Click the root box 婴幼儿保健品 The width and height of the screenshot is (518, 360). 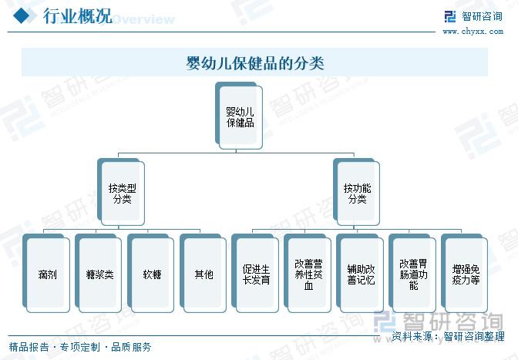tap(239, 116)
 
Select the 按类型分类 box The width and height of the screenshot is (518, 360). tap(121, 193)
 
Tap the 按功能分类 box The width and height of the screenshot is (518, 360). tap(356, 193)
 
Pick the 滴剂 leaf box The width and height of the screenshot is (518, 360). tap(46, 274)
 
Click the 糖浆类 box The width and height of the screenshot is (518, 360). tap(99, 274)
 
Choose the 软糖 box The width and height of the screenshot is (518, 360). tap(150, 274)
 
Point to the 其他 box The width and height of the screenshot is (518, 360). tap(203, 274)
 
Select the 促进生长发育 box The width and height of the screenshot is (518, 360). tap(255, 274)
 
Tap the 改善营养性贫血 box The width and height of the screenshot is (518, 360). tap(308, 274)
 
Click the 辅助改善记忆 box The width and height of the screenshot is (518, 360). tap(360, 274)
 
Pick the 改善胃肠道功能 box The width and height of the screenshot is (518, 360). tap(412, 274)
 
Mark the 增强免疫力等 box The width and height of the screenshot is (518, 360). tap(465, 274)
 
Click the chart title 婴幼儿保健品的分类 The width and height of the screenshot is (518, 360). tap(254, 62)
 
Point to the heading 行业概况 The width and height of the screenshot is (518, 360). tap(78, 16)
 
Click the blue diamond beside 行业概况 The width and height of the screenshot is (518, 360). tap(22, 15)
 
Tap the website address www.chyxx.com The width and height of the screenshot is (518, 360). tap(473, 32)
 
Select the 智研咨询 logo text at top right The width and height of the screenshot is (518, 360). tap(482, 16)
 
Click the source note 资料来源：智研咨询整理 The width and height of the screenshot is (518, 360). tap(449, 336)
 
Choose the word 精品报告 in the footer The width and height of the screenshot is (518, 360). tap(29, 347)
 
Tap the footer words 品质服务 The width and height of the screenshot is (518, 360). tap(131, 347)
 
